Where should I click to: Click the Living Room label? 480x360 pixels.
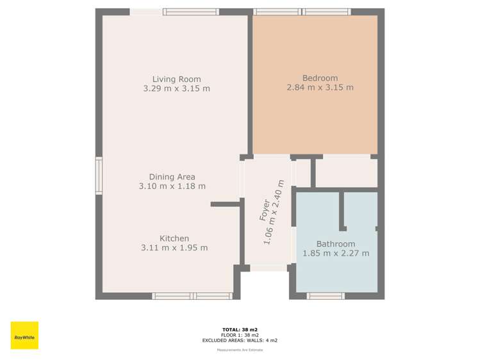coord(176,79)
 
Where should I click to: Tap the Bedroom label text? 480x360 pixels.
coord(320,78)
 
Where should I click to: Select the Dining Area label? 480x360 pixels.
coord(172,177)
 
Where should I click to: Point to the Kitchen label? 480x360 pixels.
coord(174,238)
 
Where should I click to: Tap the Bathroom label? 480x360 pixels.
coord(335,244)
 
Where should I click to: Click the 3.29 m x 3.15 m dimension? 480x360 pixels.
coord(176,88)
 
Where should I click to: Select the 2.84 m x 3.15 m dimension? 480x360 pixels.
coord(320,88)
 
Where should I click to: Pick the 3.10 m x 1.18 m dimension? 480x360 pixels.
coord(172,186)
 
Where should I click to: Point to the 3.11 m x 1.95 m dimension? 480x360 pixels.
coord(174,248)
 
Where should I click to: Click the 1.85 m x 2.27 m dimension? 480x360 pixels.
coord(335,254)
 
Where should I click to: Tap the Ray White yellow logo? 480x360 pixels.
coord(24,336)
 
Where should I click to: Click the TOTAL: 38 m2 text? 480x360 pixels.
coord(240,329)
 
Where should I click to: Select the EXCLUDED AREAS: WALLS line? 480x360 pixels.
coord(240,340)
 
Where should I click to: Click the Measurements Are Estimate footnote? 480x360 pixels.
coord(240,350)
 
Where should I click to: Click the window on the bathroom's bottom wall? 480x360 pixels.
coord(326,296)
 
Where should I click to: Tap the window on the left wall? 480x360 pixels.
coord(99,176)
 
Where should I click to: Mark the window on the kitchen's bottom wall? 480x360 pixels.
coord(192,296)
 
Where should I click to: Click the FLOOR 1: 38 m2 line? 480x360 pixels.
coord(240,335)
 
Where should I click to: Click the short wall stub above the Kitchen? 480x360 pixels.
coord(225,204)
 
